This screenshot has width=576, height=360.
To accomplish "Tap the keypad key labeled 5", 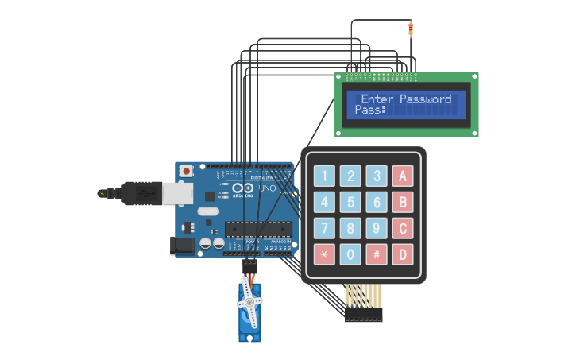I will [350, 202].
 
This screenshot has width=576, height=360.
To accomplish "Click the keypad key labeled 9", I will [377, 228].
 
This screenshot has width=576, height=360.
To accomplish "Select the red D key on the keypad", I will [403, 254].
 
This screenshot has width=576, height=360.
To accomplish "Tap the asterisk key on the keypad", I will [324, 254].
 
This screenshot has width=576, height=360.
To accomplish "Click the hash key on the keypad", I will [377, 254].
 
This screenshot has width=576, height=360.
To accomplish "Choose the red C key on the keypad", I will [403, 228].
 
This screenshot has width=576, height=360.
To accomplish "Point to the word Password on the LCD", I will [425, 99].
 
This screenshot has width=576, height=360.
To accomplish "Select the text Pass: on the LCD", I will [370, 110].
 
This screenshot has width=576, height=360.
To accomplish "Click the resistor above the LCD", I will [411, 30].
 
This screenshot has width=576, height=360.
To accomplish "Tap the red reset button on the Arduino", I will [187, 171].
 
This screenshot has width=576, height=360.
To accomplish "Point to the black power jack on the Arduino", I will [184, 246].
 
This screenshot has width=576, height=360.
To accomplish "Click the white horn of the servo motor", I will [249, 302].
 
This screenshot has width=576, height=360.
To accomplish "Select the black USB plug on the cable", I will [140, 193].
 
